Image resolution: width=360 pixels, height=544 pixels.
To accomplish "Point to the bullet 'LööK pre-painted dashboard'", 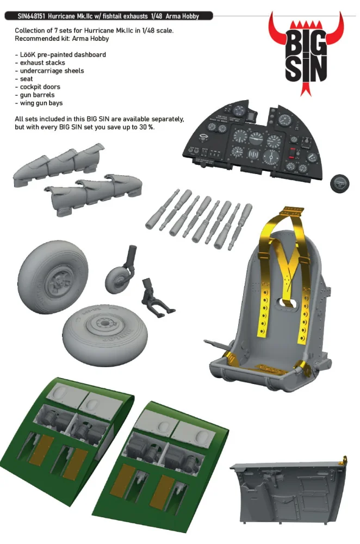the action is [60, 55].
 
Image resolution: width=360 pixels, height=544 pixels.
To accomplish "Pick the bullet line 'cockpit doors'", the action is [38, 86].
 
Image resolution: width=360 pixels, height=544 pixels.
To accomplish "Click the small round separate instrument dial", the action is [339, 183].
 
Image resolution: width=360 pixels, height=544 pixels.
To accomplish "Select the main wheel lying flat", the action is [105, 333].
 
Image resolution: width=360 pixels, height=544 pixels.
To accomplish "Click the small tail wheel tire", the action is [117, 280].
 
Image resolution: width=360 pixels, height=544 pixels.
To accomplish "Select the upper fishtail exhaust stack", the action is [59, 164].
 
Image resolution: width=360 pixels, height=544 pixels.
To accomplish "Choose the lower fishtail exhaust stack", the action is [93, 194].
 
